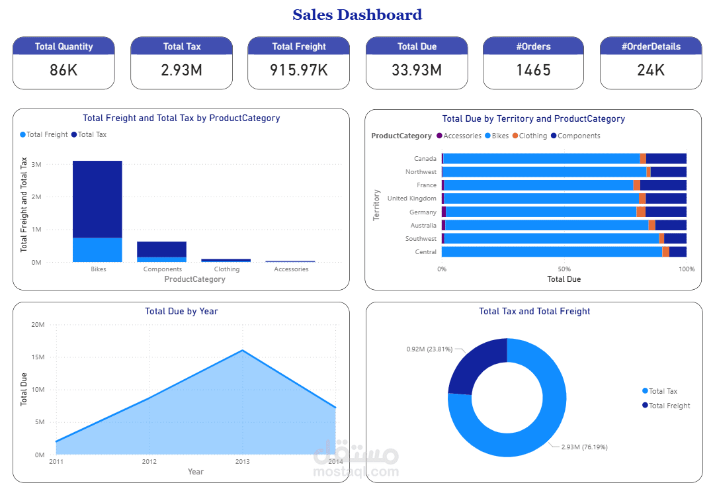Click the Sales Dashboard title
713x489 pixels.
point(357,15)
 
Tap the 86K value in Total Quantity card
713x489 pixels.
point(63,69)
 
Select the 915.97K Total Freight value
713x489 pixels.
point(298,69)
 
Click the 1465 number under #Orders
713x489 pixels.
point(533,69)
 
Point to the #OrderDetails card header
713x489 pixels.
point(651,46)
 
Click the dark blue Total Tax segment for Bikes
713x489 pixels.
point(97,199)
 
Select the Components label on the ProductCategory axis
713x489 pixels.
point(163,269)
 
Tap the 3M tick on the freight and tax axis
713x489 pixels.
point(36,164)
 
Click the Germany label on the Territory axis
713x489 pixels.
point(423,212)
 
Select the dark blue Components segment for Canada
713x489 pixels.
point(666,159)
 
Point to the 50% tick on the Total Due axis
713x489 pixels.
point(564,269)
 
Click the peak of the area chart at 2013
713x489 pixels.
point(242,351)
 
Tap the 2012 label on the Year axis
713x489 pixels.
point(149,461)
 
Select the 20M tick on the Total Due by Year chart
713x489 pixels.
point(37,325)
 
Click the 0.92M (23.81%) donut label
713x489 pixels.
point(429,349)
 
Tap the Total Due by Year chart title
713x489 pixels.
point(181,311)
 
